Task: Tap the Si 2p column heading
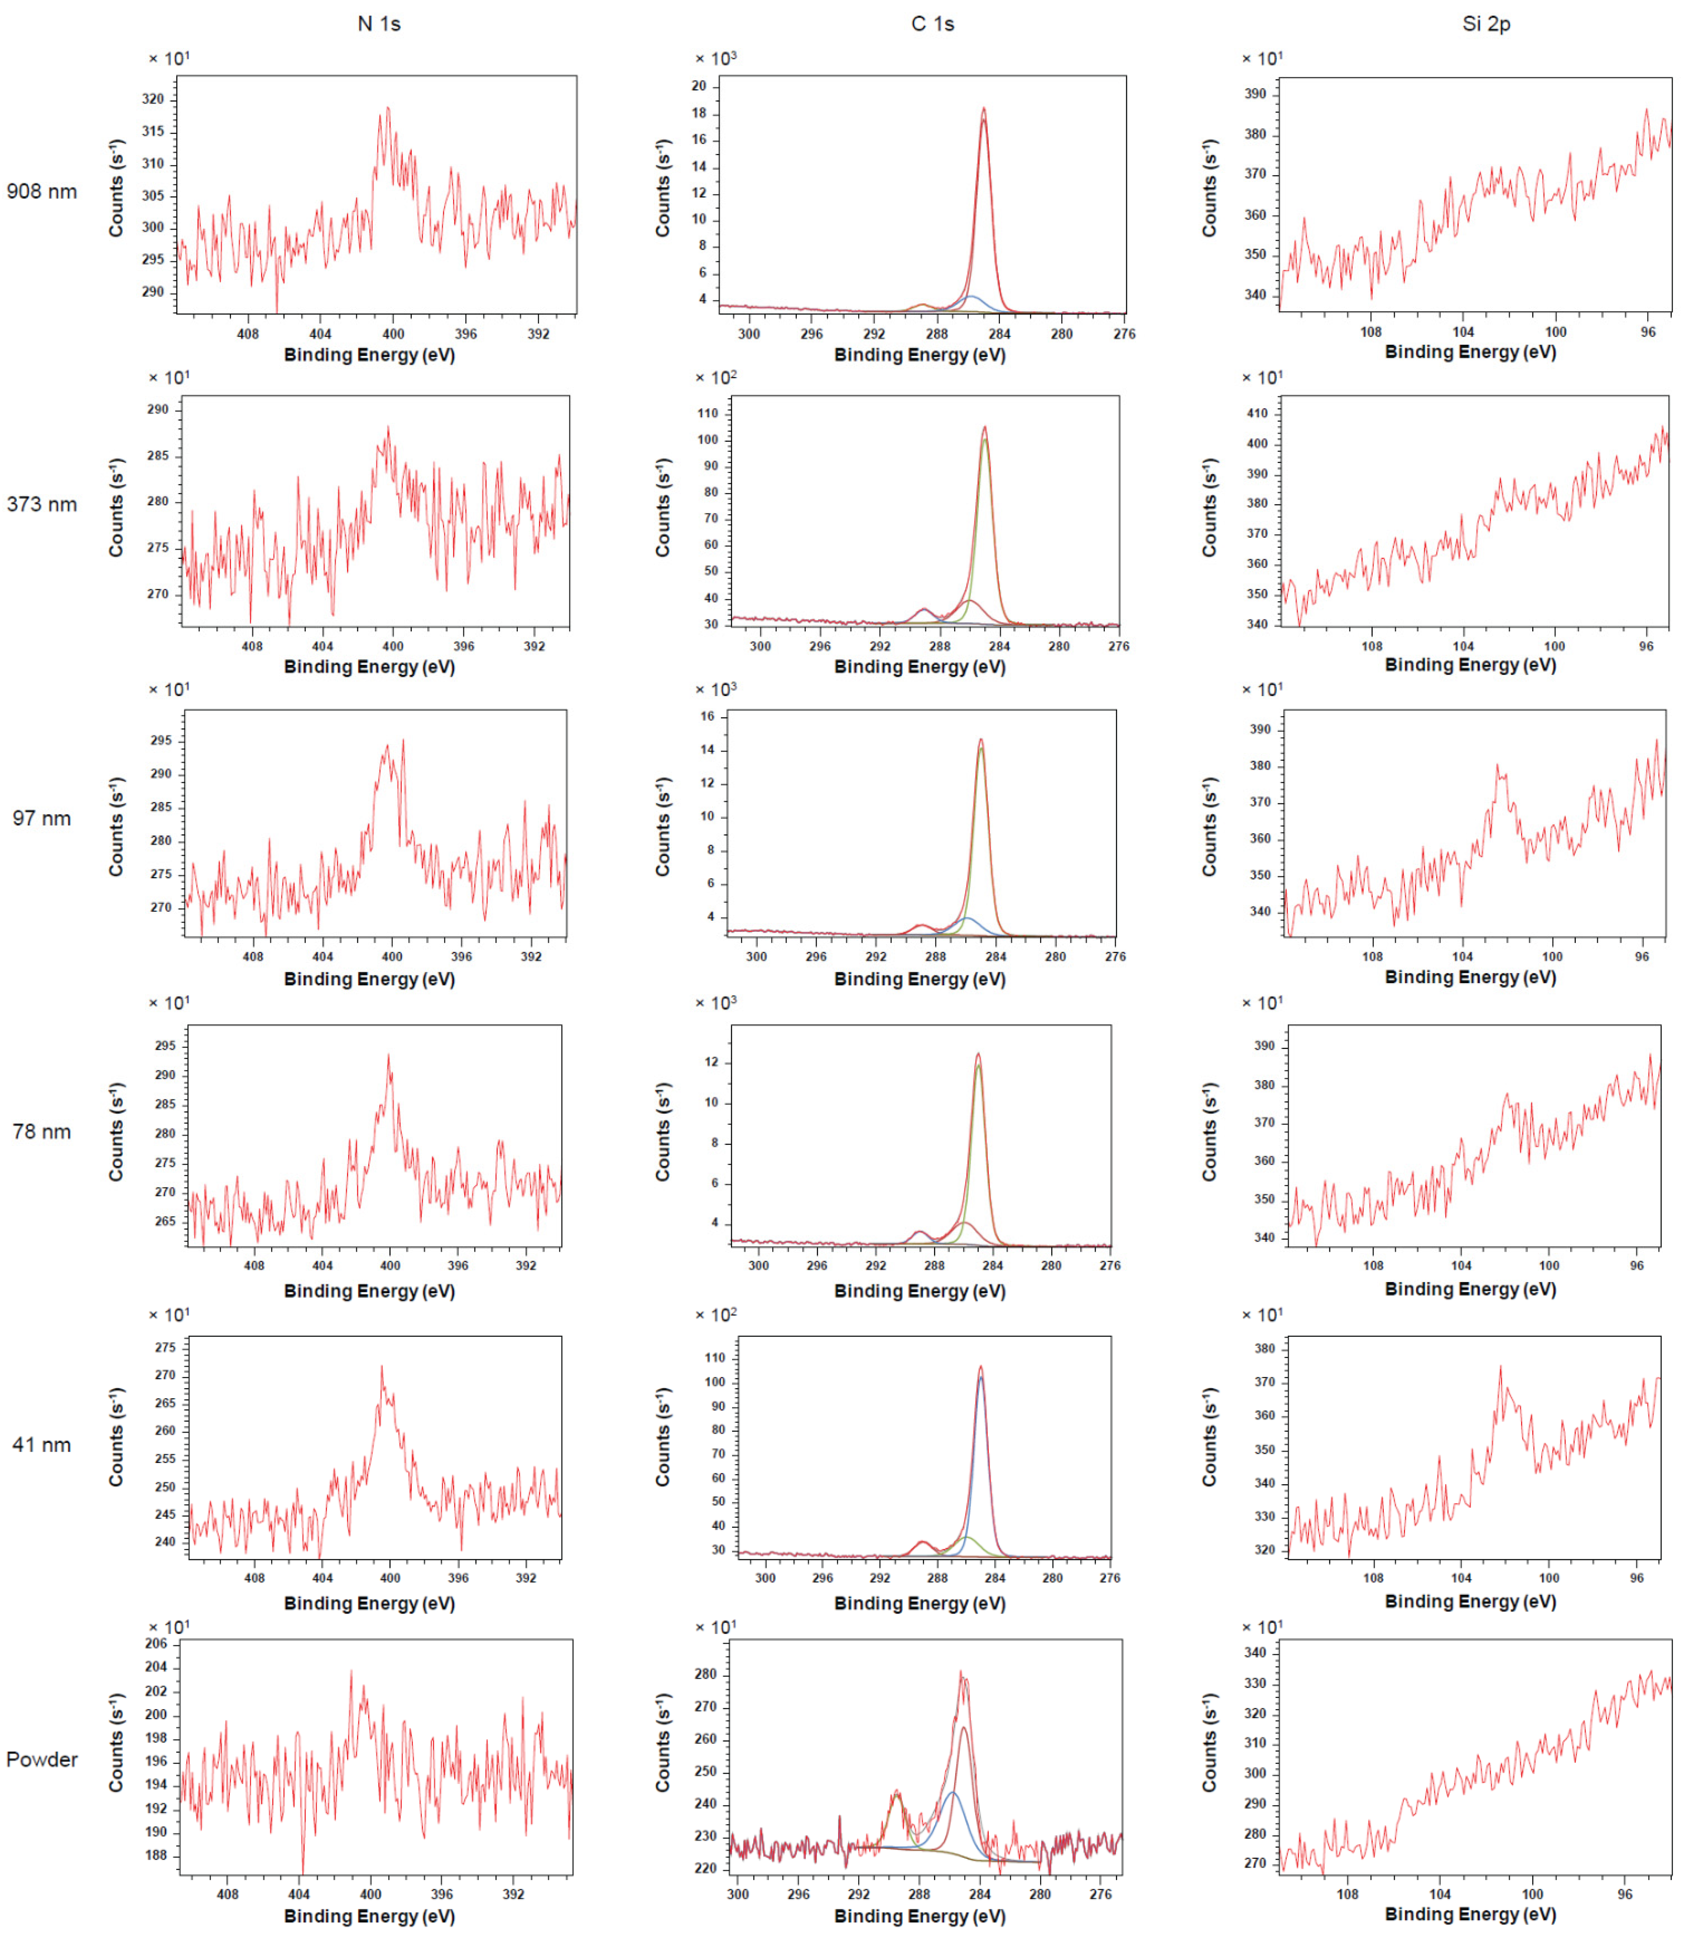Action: coord(1486,23)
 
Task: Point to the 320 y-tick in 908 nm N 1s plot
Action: coord(153,99)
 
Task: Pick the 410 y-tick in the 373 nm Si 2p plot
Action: coord(1257,413)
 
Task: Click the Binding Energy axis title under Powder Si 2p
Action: coord(1470,1913)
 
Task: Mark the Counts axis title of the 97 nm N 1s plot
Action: coord(116,827)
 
